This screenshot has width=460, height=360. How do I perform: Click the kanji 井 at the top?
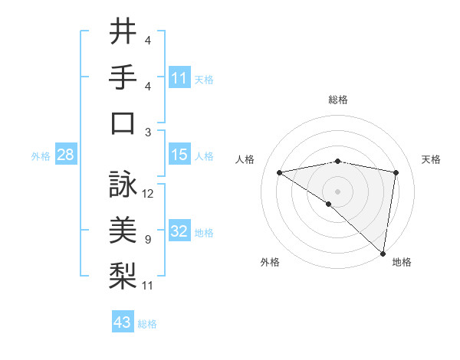[x=123, y=32]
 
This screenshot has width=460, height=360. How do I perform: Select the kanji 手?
[x=123, y=78]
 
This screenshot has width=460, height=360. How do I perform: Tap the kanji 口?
[x=123, y=123]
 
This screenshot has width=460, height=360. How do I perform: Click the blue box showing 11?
[x=179, y=77]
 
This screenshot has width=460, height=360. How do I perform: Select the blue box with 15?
[x=179, y=155]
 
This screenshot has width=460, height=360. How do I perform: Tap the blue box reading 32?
[x=179, y=231]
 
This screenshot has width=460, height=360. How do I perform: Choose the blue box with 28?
[x=65, y=155]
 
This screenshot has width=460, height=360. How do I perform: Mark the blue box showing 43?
[x=122, y=322]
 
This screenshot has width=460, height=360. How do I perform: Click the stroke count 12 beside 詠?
[x=148, y=194]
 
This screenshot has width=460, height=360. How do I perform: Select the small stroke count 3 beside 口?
[x=147, y=133]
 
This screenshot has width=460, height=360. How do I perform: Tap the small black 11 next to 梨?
[x=148, y=286]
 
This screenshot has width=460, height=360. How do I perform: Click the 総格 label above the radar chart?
[x=337, y=100]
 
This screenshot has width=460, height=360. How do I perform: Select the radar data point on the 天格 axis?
[x=396, y=172]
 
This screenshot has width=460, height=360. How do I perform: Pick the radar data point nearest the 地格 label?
[x=382, y=253]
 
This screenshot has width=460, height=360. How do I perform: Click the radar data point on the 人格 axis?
[x=279, y=172]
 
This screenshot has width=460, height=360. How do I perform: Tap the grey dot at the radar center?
[x=337, y=191]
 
